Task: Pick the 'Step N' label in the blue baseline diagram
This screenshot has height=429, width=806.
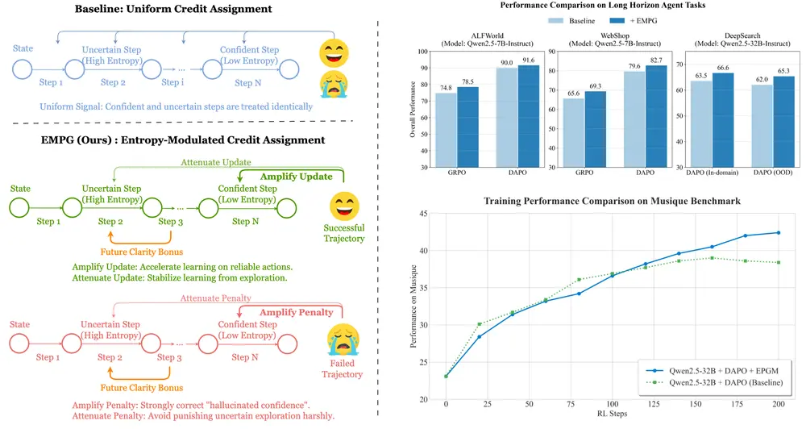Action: tap(243, 82)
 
